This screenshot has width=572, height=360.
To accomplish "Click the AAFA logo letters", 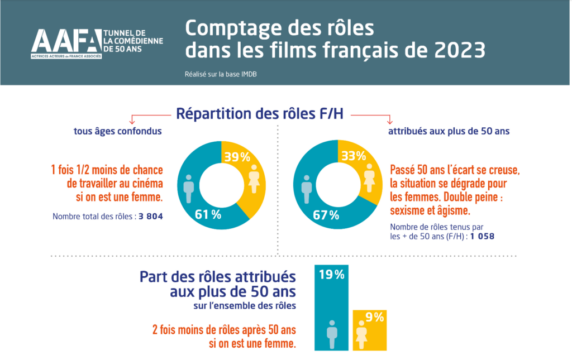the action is pyautogui.click(x=66, y=41).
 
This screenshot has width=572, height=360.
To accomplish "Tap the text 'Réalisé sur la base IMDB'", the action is pyautogui.click(x=221, y=74).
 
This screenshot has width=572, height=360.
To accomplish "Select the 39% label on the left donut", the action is pyautogui.click(x=237, y=157).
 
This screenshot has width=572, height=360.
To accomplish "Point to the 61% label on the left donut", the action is pyautogui.click(x=208, y=215).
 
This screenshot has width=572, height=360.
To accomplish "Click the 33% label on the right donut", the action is pyautogui.click(x=354, y=156).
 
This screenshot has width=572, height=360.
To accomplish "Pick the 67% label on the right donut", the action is pyautogui.click(x=326, y=215).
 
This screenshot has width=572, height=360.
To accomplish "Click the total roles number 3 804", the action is pyautogui.click(x=151, y=217).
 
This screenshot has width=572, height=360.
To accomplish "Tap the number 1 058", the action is pyautogui.click(x=482, y=236).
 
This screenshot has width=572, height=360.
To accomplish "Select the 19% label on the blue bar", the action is pyautogui.click(x=332, y=275).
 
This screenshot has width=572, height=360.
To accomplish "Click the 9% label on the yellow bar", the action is pyautogui.click(x=375, y=318).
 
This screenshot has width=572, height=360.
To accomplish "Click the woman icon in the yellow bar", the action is pyautogui.click(x=361, y=334).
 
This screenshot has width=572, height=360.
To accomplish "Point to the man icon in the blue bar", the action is pyautogui.click(x=332, y=334).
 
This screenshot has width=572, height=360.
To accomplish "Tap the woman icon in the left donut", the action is pyautogui.click(x=254, y=179).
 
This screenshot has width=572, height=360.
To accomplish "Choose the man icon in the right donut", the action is pyautogui.click(x=307, y=189).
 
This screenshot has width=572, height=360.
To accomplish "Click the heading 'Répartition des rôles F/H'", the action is pyautogui.click(x=260, y=114).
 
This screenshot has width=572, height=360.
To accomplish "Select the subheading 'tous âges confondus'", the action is pyautogui.click(x=118, y=131).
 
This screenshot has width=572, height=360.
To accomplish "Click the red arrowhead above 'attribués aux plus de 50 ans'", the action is pyautogui.click(x=389, y=121).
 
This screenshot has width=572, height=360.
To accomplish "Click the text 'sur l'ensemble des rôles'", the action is pyautogui.click(x=245, y=305).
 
